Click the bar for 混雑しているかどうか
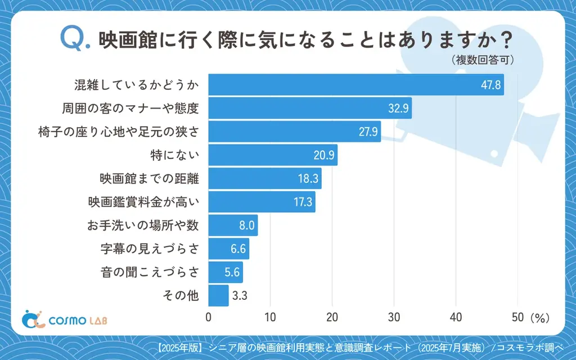click(356, 85)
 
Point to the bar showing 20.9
click(273, 155)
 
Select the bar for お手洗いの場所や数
click(233, 226)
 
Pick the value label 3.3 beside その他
click(241, 296)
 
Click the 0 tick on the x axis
click(209, 317)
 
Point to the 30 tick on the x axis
click(394, 317)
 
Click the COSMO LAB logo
click(64, 319)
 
